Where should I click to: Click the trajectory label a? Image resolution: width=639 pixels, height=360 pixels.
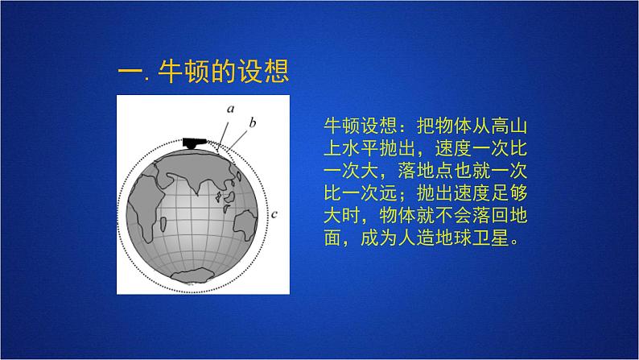pyautogui.click(x=230, y=107)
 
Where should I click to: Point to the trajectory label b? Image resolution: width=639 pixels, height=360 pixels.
pyautogui.click(x=252, y=122)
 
